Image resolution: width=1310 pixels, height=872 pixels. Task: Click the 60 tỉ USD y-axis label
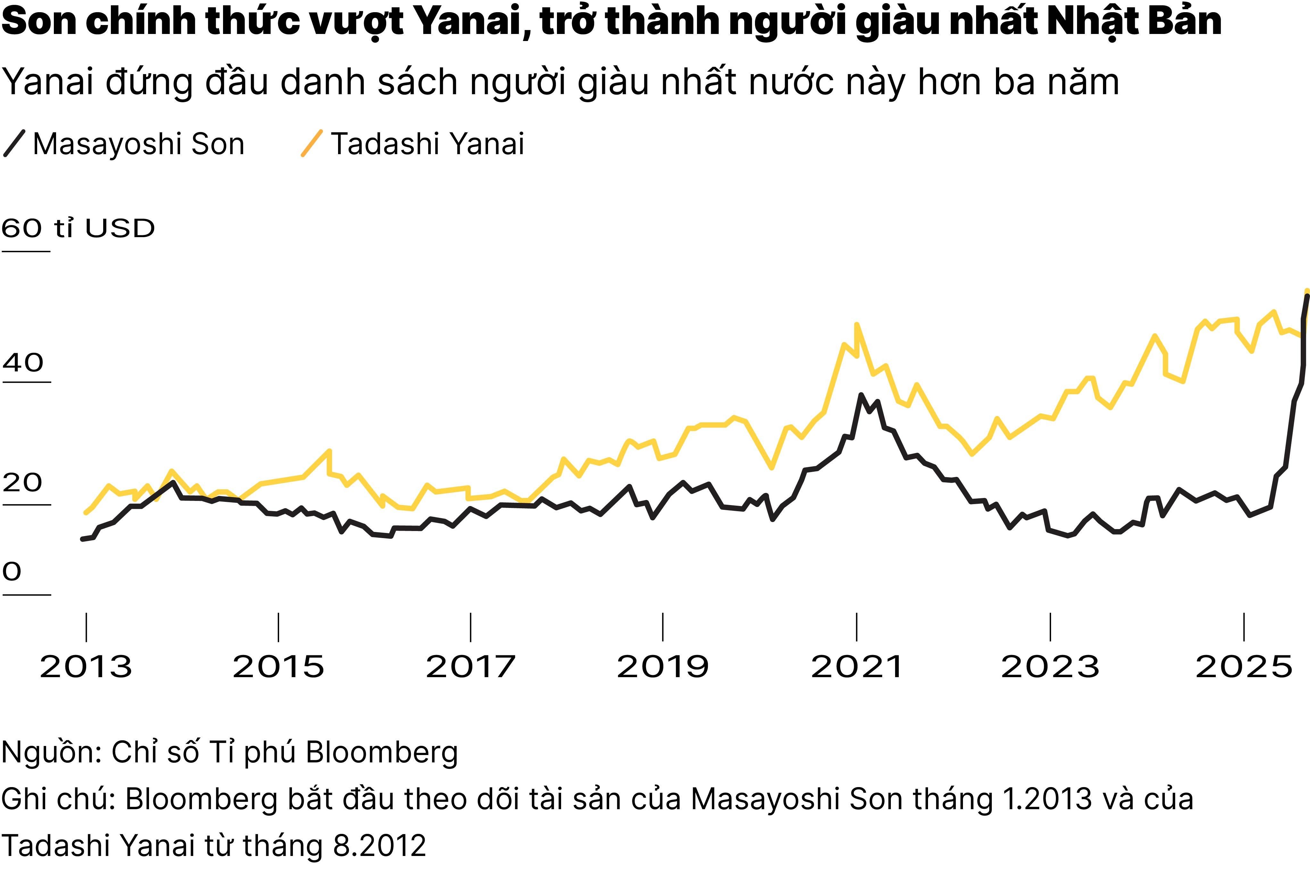[x=78, y=228]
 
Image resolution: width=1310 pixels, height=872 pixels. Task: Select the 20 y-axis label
[x=22, y=482]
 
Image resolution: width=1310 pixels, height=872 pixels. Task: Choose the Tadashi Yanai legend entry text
[x=427, y=144]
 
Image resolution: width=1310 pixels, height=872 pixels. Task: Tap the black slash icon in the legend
[x=14, y=144]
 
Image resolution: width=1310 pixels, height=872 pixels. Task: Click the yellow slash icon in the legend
[x=311, y=144]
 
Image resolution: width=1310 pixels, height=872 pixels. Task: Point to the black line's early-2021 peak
[x=861, y=395]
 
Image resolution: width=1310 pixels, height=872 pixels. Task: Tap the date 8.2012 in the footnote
[x=379, y=845]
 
